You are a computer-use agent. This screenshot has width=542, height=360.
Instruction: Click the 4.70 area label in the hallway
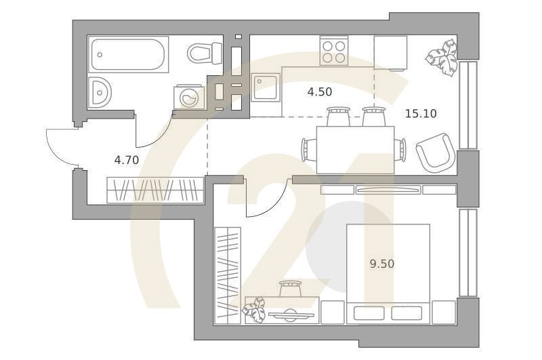(127, 160)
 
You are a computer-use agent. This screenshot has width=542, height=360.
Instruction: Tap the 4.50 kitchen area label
(320, 92)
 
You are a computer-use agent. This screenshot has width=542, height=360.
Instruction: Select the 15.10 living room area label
(421, 113)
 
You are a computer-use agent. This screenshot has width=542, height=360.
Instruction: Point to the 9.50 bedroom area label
(382, 264)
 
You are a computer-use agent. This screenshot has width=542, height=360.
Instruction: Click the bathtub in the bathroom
(129, 54)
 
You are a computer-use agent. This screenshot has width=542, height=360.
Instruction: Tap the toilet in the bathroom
(205, 54)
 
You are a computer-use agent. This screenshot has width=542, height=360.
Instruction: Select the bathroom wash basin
(100, 93)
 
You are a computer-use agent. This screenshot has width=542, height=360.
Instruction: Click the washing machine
(190, 98)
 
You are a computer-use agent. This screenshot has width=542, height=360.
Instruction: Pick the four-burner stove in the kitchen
(334, 51)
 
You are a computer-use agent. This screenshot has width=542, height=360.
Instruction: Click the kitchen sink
(266, 87)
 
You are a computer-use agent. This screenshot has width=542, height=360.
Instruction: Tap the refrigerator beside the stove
(391, 53)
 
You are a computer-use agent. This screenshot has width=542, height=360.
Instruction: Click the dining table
(355, 150)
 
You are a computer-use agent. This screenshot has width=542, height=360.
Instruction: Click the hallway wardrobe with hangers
(155, 190)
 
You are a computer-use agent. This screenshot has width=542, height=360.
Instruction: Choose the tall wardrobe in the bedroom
(228, 276)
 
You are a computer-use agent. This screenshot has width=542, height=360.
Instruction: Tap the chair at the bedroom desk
(290, 288)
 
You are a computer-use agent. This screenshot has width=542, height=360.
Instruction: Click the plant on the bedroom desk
(255, 311)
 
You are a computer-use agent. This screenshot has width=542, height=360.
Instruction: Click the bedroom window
(468, 252)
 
